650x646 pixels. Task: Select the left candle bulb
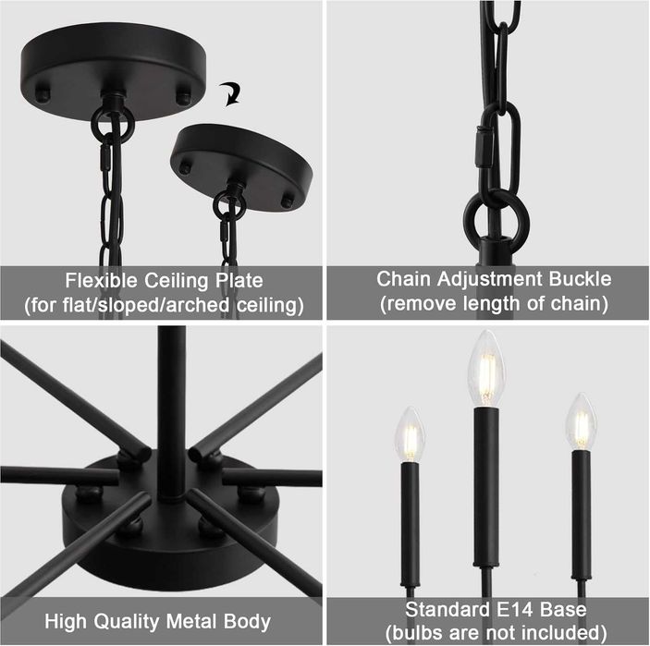410,435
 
